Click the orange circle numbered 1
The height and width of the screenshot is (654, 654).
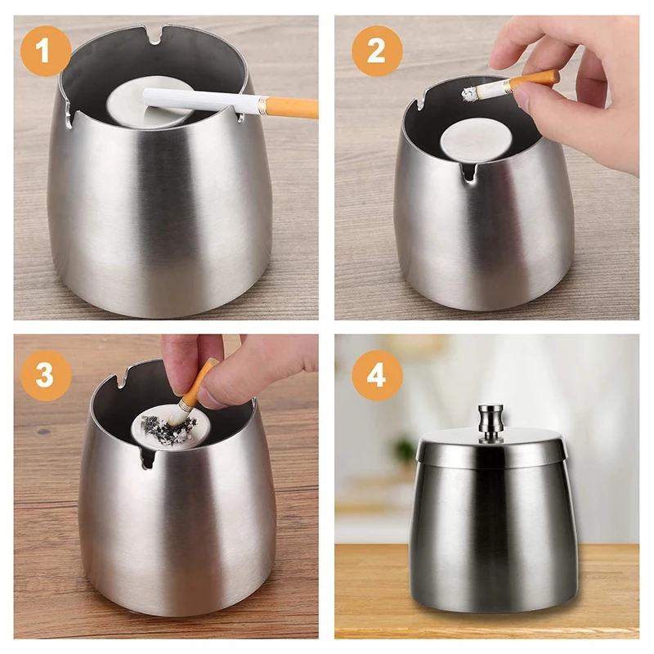coord(46,51)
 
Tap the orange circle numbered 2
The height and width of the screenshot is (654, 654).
coord(377,51)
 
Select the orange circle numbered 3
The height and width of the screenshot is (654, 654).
coord(46,375)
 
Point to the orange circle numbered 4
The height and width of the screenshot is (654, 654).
coord(377,375)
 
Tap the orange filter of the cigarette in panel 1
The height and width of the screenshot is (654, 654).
coord(293,108)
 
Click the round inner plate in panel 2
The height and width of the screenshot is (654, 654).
coord(477,140)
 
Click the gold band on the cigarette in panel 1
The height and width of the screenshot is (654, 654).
coord(262,105)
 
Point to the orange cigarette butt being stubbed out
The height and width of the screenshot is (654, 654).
coord(194,386)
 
